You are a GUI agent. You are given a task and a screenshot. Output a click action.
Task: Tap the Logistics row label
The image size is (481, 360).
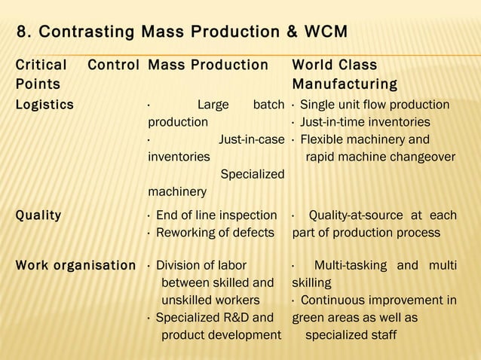(44, 105)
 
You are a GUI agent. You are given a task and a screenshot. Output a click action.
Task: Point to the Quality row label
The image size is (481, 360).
(38, 215)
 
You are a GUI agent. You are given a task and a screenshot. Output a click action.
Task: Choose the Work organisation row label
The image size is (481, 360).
(75, 265)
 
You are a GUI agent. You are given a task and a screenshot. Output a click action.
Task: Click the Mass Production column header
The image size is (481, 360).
(208, 65)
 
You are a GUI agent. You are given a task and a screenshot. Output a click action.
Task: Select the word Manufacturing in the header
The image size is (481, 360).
(345, 83)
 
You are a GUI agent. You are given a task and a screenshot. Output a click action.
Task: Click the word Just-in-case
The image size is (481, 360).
(251, 139)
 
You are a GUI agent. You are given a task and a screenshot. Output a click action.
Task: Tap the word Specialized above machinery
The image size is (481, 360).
(252, 174)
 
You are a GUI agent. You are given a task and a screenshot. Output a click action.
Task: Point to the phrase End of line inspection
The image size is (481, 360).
(216, 215)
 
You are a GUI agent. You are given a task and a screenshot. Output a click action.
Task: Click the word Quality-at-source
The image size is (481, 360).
(358, 215)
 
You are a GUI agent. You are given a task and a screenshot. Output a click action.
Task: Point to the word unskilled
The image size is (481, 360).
(188, 300)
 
